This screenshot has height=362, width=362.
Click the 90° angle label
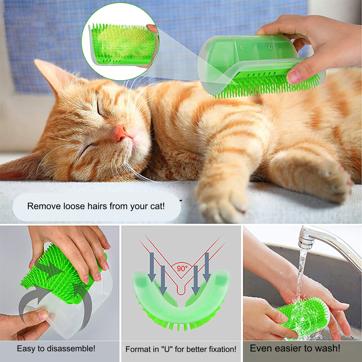[182, 269]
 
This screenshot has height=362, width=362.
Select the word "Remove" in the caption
[42, 207]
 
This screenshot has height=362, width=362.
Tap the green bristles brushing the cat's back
[268, 87]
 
